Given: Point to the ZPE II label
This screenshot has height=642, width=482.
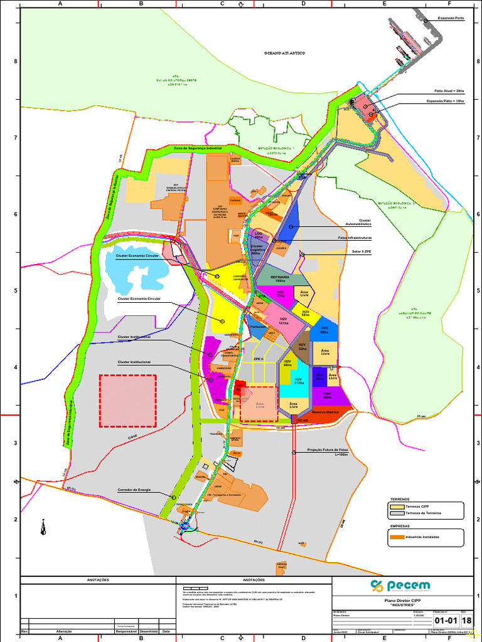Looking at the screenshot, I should pyautogui.click(x=258, y=359).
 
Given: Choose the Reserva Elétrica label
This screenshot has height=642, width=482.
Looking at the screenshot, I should pyautogui.click(x=324, y=412).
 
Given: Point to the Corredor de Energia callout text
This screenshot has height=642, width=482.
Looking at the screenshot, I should pyautogui.click(x=134, y=490).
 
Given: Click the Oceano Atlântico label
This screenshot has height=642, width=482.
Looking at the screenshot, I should pyautogui.click(x=284, y=53).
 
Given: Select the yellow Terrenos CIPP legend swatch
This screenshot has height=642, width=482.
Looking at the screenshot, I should pyautogui.click(x=397, y=506).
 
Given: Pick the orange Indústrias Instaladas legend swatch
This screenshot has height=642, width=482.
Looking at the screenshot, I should pyautogui.click(x=397, y=537).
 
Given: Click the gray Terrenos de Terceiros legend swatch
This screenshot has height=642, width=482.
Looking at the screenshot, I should pyautogui.click(x=397, y=513).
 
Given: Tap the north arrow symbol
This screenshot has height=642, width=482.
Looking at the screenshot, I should pyautogui.click(x=43, y=527).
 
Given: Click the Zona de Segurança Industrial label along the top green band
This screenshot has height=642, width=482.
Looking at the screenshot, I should pyautogui.click(x=198, y=148).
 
